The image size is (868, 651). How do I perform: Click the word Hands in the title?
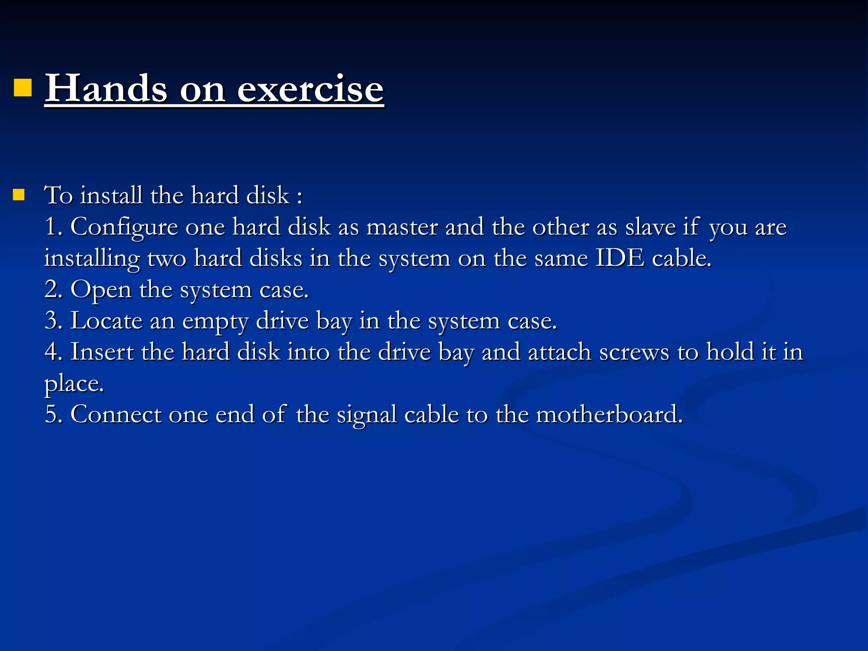coord(106,89)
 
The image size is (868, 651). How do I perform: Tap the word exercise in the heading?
coord(310,89)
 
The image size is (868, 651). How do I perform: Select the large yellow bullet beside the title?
coord(23,88)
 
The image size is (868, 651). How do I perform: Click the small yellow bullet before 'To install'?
coord(19,195)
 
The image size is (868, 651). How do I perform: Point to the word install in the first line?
coord(111,195)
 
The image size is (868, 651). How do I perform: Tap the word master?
coord(402,227)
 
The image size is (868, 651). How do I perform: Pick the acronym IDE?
coord(620,258)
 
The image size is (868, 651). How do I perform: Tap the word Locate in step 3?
coord(106,321)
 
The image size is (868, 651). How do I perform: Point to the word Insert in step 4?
coord(102,352)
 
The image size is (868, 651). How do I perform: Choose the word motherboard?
coord(609,415)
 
